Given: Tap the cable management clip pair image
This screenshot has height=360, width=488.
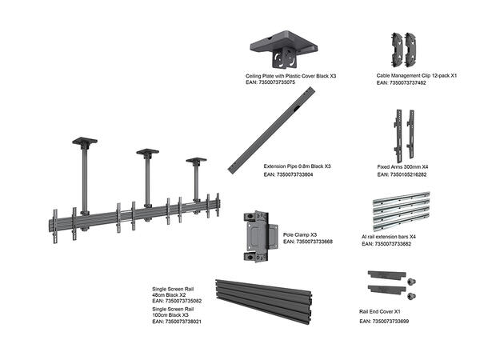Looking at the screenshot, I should [406, 49].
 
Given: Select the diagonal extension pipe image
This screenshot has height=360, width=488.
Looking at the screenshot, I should [270, 126].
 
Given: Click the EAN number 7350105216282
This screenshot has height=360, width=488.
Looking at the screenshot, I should [402, 174].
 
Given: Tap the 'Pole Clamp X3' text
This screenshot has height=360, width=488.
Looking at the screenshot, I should [300, 235].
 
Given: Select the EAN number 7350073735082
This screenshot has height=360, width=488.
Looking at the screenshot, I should [177, 301].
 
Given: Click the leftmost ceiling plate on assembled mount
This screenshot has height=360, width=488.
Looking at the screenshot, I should [82, 142].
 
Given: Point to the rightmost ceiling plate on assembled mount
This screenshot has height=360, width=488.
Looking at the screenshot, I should [196, 161].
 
